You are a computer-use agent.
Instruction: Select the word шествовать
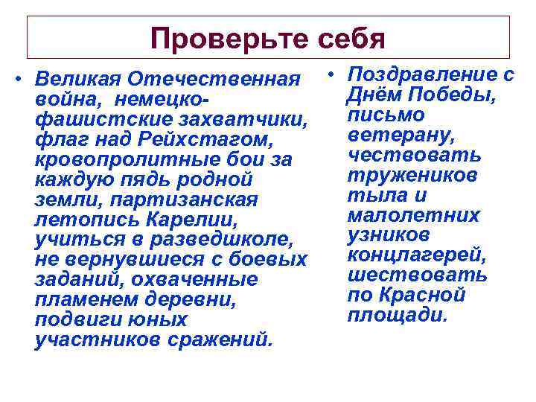tap(417, 275)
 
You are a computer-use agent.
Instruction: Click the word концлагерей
tap(416, 255)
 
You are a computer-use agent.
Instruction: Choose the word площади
tap(398, 315)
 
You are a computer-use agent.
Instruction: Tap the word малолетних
tap(413, 215)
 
